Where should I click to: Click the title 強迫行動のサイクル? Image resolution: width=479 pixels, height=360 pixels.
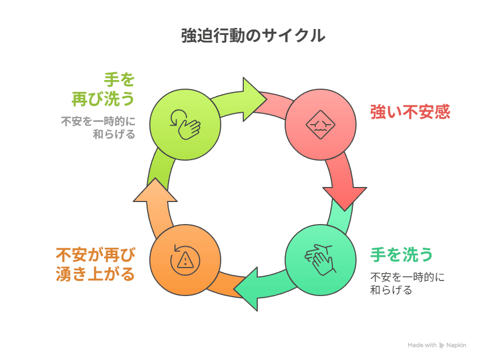tap(253, 35)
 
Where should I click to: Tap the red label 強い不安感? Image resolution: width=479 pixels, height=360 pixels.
tap(410, 112)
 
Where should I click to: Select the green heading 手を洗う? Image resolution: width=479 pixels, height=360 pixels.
tap(402, 255)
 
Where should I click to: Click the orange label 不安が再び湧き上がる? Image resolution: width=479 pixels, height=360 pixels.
tap(95, 264)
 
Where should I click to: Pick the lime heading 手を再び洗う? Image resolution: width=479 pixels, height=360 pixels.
tap(103, 90)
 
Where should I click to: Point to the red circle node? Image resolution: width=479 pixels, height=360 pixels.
tap(321, 124)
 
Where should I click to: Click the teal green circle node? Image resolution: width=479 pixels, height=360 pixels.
tap(321, 260)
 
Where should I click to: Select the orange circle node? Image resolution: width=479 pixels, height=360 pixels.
tap(185, 260)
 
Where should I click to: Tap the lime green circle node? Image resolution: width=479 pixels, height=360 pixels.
tap(185, 124)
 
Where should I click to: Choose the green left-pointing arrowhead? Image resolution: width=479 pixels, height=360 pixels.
tap(248, 289)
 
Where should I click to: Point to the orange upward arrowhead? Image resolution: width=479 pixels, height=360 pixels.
tap(155, 191)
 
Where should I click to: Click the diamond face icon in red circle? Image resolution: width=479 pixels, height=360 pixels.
tap(321, 125)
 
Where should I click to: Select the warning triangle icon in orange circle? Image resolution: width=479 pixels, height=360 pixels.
tap(185, 260)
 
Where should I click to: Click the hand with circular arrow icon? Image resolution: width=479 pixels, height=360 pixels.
tap(185, 125)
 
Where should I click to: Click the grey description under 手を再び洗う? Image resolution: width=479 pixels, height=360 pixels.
tap(98, 128)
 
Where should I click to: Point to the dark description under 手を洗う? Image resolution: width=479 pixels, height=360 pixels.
tap(407, 284)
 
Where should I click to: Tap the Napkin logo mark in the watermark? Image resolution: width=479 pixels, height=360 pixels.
tap(441, 345)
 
